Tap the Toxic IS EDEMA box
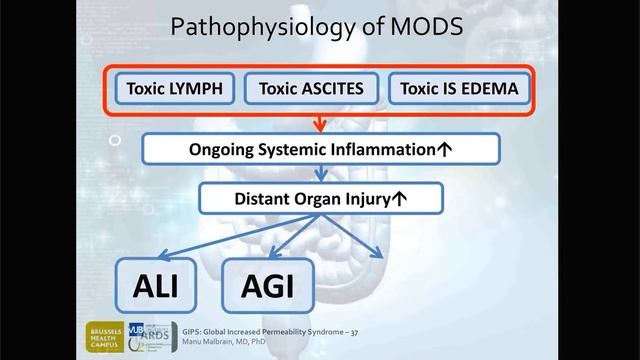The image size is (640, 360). point(459,89)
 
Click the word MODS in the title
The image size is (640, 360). point(428,27)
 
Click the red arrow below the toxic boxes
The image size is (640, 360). point(319,123)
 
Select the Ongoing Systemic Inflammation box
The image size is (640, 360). point(320,150)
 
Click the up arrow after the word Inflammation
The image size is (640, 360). point(444,150)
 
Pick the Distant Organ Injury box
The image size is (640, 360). point(320,198)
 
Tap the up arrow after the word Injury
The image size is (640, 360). point(400,198)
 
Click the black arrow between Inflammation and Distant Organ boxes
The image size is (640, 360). point(319,174)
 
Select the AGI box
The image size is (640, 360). point(267,287)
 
